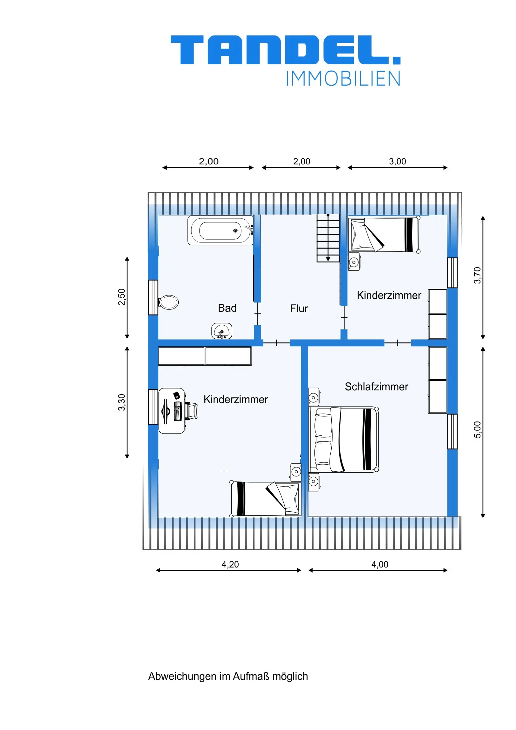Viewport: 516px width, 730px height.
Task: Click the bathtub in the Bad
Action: pos(221,230)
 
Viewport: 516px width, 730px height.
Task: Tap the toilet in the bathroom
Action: pos(169,302)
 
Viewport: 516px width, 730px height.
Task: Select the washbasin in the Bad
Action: pos(222,331)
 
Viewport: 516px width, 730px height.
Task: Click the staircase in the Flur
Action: pos(328,238)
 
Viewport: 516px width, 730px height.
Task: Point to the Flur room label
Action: pos(299,309)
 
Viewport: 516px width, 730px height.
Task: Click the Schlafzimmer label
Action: pos(376,387)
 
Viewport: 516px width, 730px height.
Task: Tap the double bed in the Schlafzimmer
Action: pos(344,439)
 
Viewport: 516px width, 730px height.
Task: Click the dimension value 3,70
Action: pos(477,275)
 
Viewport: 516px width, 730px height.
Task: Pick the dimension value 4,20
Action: pos(230,564)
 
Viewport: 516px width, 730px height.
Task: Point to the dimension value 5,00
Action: pos(477,430)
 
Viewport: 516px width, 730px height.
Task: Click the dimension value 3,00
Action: pos(397,162)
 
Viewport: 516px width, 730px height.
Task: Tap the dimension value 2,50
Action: pos(122,297)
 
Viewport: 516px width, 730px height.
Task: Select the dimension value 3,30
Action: pos(122,402)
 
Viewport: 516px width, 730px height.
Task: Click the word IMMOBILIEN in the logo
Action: pos(343,78)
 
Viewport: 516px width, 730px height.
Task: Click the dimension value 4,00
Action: pos(380,564)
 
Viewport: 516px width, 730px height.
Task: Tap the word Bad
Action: pos(227,308)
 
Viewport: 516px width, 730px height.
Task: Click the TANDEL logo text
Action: pos(286,50)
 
